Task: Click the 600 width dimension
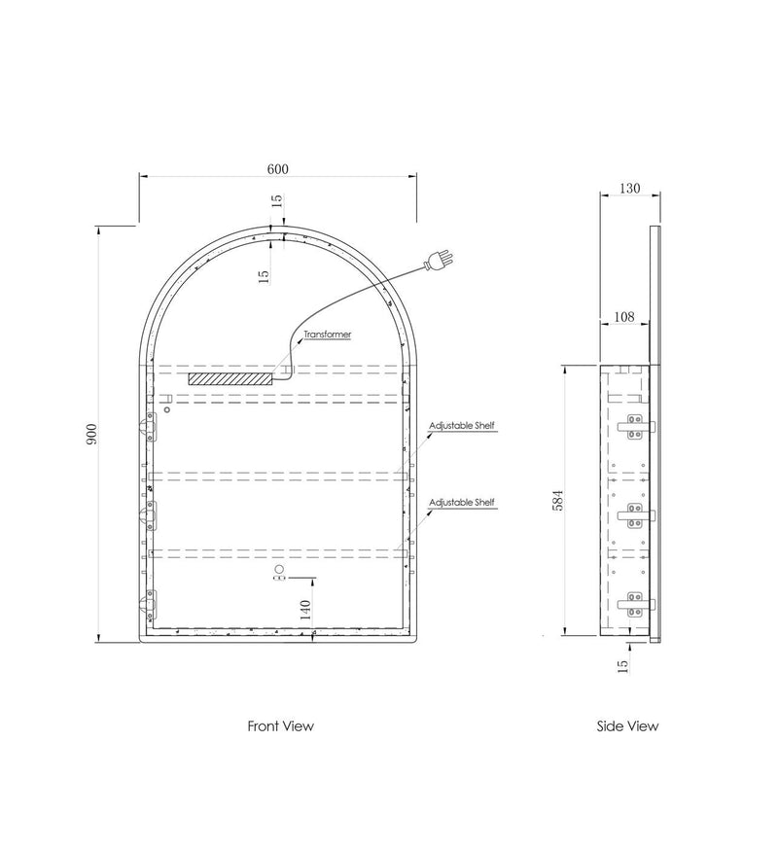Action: pyautogui.click(x=277, y=169)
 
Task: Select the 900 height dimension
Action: pyautogui.click(x=92, y=435)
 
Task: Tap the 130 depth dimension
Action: pyautogui.click(x=629, y=189)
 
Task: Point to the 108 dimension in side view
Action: pyautogui.click(x=624, y=316)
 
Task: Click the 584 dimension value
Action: pyautogui.click(x=558, y=500)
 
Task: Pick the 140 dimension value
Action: pyautogui.click(x=305, y=610)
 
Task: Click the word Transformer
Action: pyautogui.click(x=327, y=335)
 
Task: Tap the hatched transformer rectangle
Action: pyautogui.click(x=230, y=378)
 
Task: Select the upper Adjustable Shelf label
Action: pyautogui.click(x=462, y=426)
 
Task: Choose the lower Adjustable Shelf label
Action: pyautogui.click(x=462, y=503)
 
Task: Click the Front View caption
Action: pyautogui.click(x=281, y=725)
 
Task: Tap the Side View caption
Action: pyautogui.click(x=627, y=725)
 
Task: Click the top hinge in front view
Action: pyautogui.click(x=149, y=427)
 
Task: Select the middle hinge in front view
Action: pyautogui.click(x=149, y=515)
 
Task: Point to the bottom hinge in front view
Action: pyautogui.click(x=149, y=605)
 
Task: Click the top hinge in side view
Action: pyautogui.click(x=636, y=427)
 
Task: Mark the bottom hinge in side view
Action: pyautogui.click(x=636, y=604)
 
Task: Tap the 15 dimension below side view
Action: pyautogui.click(x=622, y=665)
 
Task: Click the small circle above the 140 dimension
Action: pyautogui.click(x=279, y=568)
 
